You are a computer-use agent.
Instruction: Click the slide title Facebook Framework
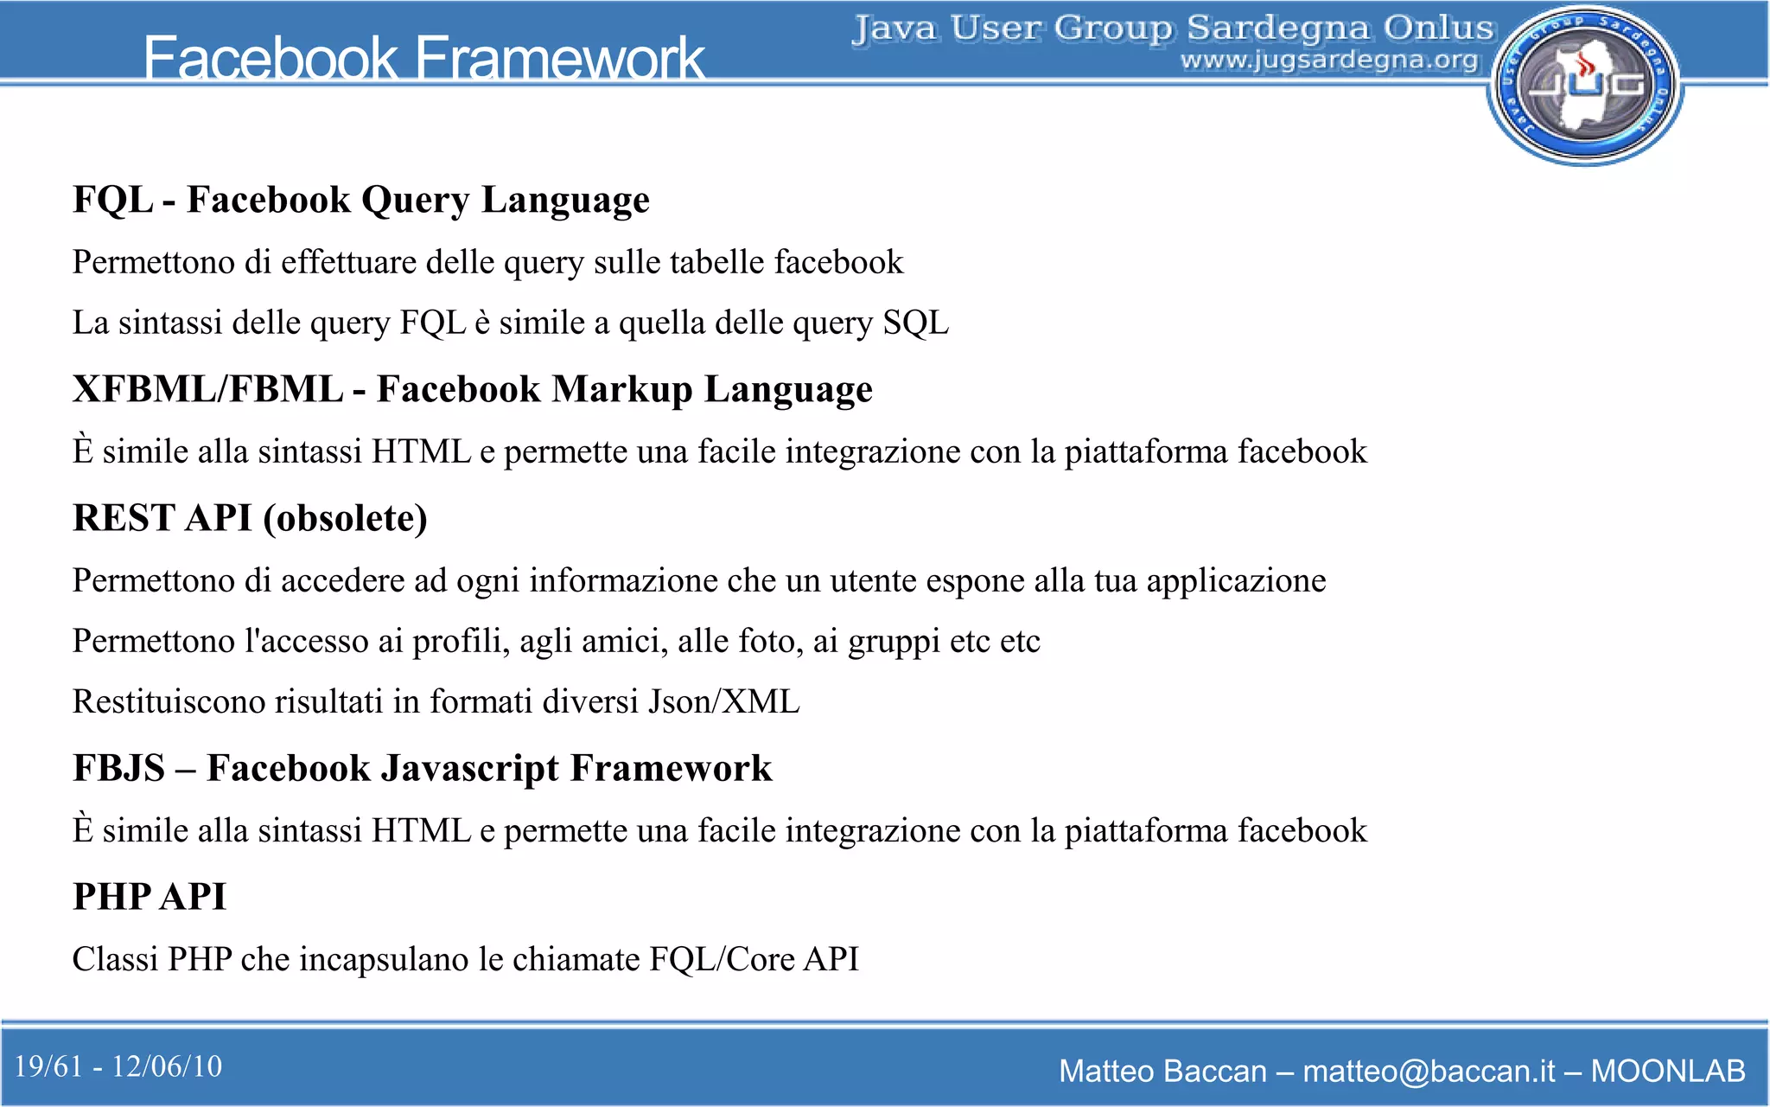(x=423, y=59)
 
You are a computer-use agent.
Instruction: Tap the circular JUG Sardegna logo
(x=1584, y=85)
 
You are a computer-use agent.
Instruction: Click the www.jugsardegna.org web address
(x=1329, y=61)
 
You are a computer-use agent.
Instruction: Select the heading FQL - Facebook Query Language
(x=360, y=200)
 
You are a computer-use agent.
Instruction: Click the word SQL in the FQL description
(x=915, y=323)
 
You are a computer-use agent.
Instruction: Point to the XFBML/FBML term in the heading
(x=207, y=389)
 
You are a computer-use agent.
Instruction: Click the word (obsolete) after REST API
(x=345, y=518)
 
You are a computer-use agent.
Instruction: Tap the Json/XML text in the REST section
(x=724, y=701)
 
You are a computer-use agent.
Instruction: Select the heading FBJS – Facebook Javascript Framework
(x=422, y=768)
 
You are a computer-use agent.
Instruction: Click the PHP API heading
(x=150, y=897)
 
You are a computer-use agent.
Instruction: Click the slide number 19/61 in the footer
(x=48, y=1066)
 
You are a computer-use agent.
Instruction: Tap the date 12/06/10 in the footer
(x=167, y=1066)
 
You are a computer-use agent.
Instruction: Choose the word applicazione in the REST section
(x=1236, y=581)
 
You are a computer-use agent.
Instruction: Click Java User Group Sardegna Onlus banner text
(x=1173, y=28)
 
